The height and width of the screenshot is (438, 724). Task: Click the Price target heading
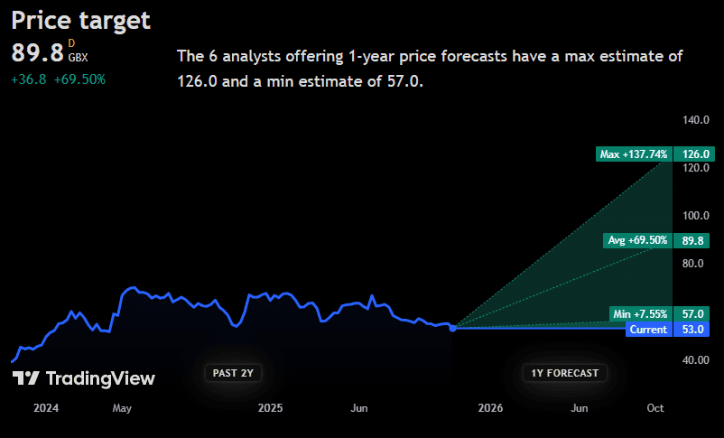click(x=81, y=20)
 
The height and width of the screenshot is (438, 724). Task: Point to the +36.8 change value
click(x=27, y=79)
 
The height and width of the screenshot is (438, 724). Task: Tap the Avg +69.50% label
click(x=637, y=240)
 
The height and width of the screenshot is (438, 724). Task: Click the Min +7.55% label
click(x=639, y=314)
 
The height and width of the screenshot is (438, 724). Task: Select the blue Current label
click(x=648, y=330)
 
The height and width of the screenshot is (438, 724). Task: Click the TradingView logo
click(x=84, y=379)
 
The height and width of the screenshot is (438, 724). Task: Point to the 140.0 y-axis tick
click(x=696, y=120)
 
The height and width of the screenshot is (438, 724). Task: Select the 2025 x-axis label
click(x=271, y=408)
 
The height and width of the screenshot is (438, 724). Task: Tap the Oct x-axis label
click(x=655, y=408)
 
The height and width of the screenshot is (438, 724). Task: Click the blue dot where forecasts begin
click(x=453, y=328)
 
